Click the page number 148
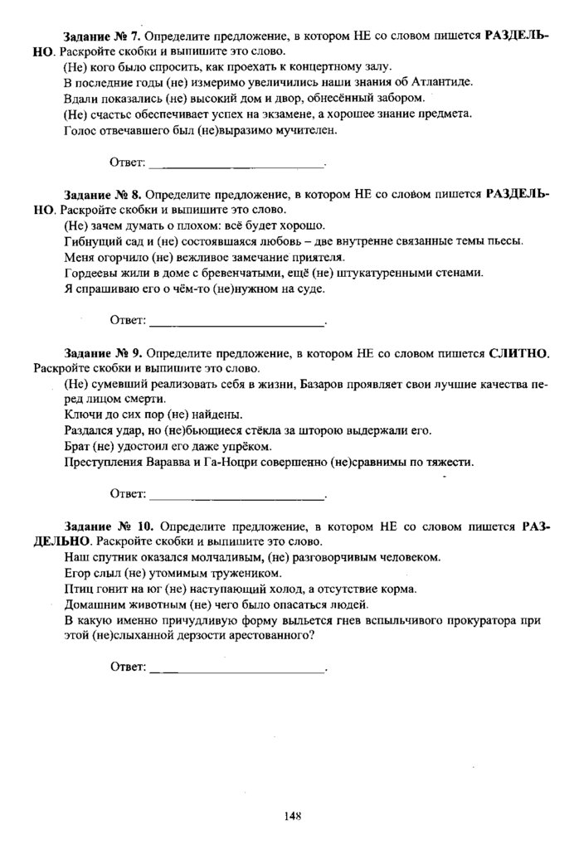(x=290, y=816)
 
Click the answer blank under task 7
(x=236, y=163)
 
